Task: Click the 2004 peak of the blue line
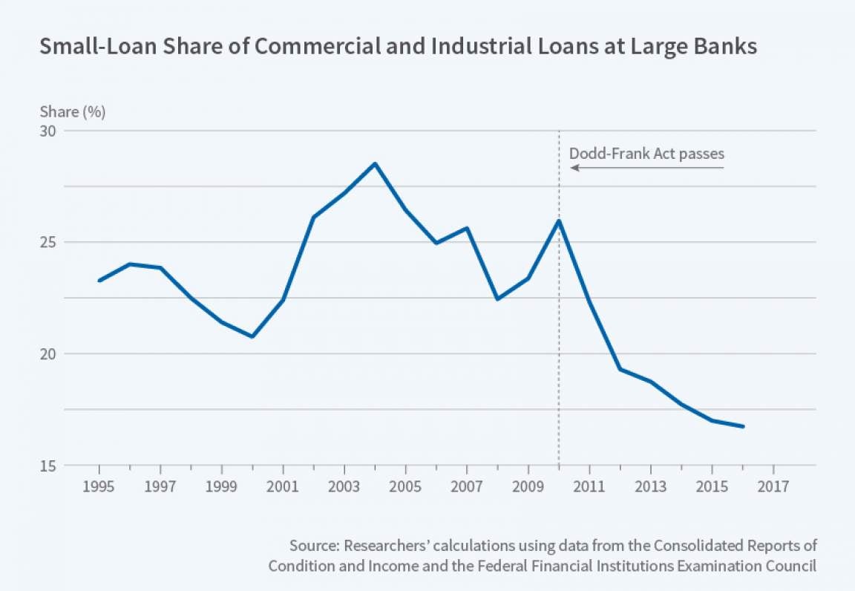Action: coord(375,163)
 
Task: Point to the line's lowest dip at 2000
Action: coord(252,336)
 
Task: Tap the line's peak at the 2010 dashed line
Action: coord(558,221)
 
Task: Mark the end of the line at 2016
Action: coord(742,426)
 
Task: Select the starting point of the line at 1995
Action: coord(99,280)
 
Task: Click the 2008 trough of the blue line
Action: coord(497,298)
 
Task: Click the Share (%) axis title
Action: coord(72,112)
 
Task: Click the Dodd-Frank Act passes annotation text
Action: coord(646,154)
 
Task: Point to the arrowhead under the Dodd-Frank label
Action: coord(573,169)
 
